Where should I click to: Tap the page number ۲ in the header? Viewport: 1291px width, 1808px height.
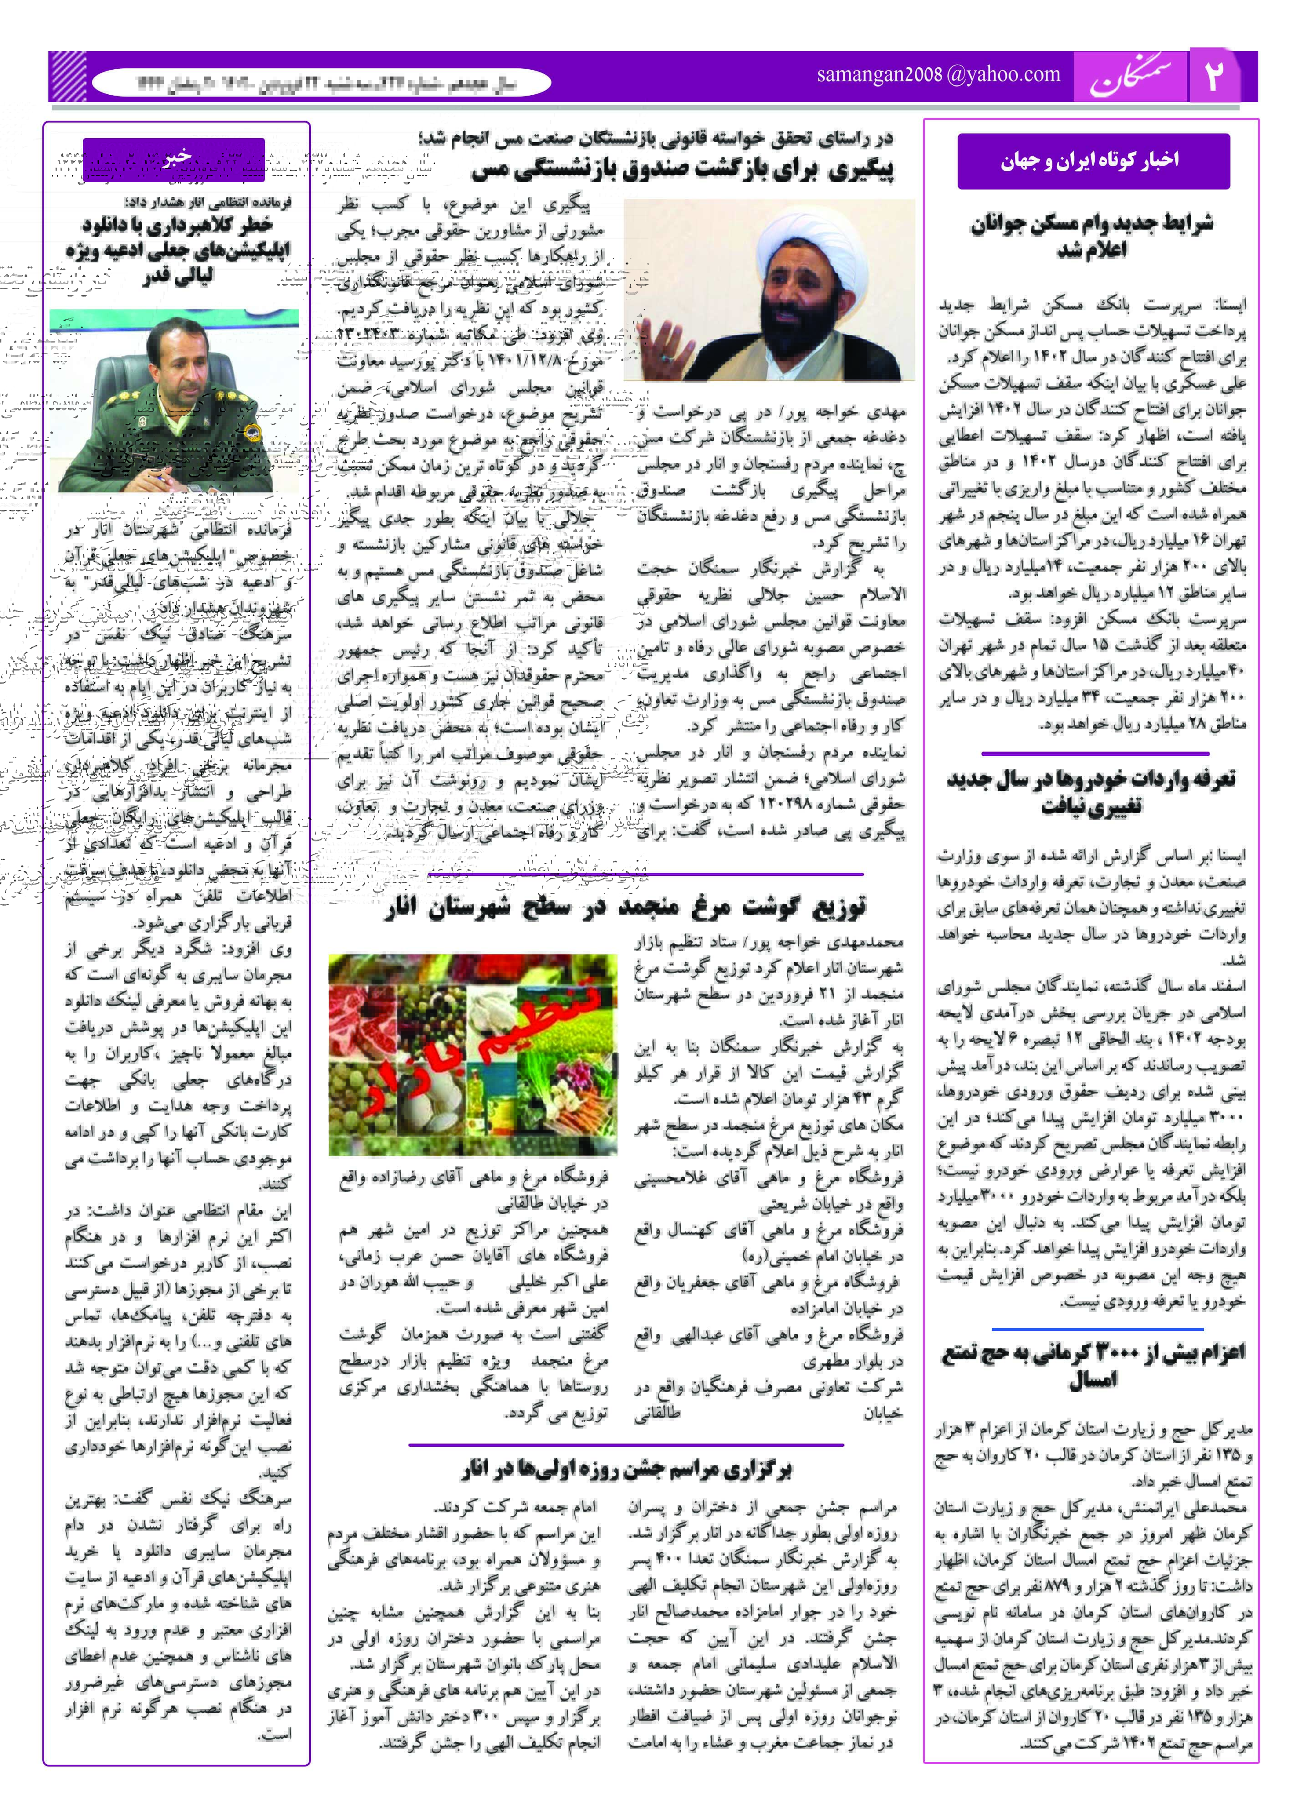(1214, 77)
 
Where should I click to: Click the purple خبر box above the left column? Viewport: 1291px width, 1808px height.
(173, 159)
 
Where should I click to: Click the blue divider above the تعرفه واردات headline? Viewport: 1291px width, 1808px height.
(1095, 753)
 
